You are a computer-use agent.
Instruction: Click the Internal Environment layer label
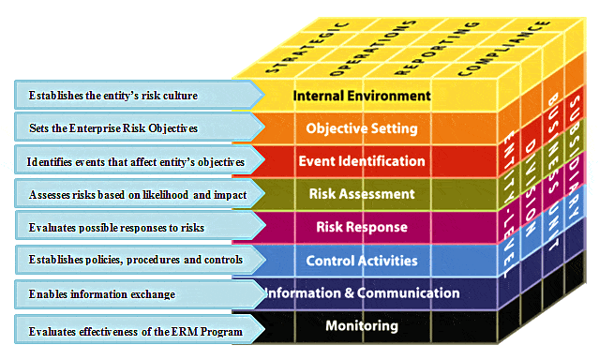[x=362, y=95]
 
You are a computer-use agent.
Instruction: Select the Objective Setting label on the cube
[x=362, y=127]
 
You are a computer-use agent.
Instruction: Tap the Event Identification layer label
[x=362, y=160]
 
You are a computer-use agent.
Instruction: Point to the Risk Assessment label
[x=362, y=194]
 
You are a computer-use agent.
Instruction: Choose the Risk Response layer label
[x=362, y=227]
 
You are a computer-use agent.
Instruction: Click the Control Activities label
[x=362, y=260]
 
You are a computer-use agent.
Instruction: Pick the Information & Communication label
[x=362, y=292]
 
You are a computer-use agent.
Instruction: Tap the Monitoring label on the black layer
[x=362, y=326]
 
